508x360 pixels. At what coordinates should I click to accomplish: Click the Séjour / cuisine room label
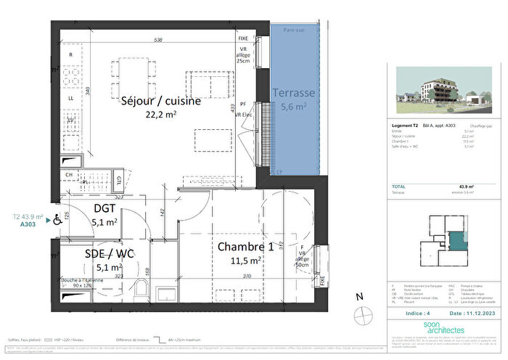(160, 102)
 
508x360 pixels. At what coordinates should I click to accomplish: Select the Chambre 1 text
(247, 247)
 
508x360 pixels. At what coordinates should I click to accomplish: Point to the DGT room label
(105, 209)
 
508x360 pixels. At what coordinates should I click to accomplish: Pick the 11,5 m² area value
(247, 260)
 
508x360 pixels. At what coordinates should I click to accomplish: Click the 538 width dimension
(158, 41)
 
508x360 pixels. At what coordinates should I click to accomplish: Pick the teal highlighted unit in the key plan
(456, 241)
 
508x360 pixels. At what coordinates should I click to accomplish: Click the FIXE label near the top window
(244, 38)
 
